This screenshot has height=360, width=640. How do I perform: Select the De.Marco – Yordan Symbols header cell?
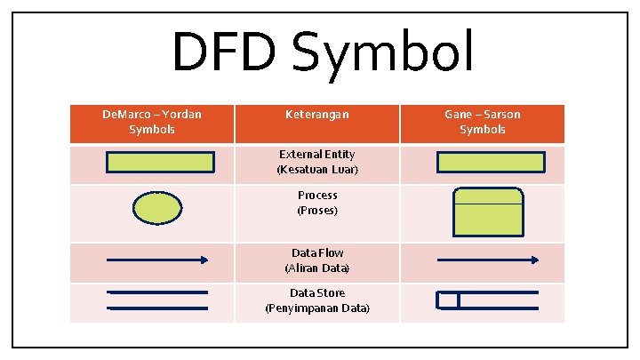point(152,122)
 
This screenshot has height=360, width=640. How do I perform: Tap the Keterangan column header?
point(316,115)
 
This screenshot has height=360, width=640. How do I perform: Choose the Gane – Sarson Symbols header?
point(483,122)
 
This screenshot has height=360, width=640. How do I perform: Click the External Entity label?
point(316,155)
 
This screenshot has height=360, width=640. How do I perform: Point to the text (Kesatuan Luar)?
point(316,169)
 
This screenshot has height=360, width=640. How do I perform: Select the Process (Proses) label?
point(316,203)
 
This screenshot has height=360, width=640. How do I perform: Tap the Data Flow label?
point(316,252)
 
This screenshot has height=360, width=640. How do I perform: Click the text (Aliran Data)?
point(316,268)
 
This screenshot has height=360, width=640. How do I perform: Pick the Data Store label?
point(316,292)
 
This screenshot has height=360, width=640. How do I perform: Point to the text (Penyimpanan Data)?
point(316,308)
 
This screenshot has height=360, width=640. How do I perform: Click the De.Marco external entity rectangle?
point(160,162)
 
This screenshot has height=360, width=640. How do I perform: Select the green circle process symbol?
point(157,207)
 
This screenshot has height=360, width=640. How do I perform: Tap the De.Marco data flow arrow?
point(156,260)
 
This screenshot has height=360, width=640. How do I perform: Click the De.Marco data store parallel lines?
point(156,300)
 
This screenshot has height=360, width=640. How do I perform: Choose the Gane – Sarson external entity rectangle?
point(491,162)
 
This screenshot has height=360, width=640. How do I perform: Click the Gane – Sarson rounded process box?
point(487,211)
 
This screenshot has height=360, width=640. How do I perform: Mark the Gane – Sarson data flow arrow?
point(487,260)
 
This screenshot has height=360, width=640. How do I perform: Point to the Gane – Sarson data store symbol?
point(486,300)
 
